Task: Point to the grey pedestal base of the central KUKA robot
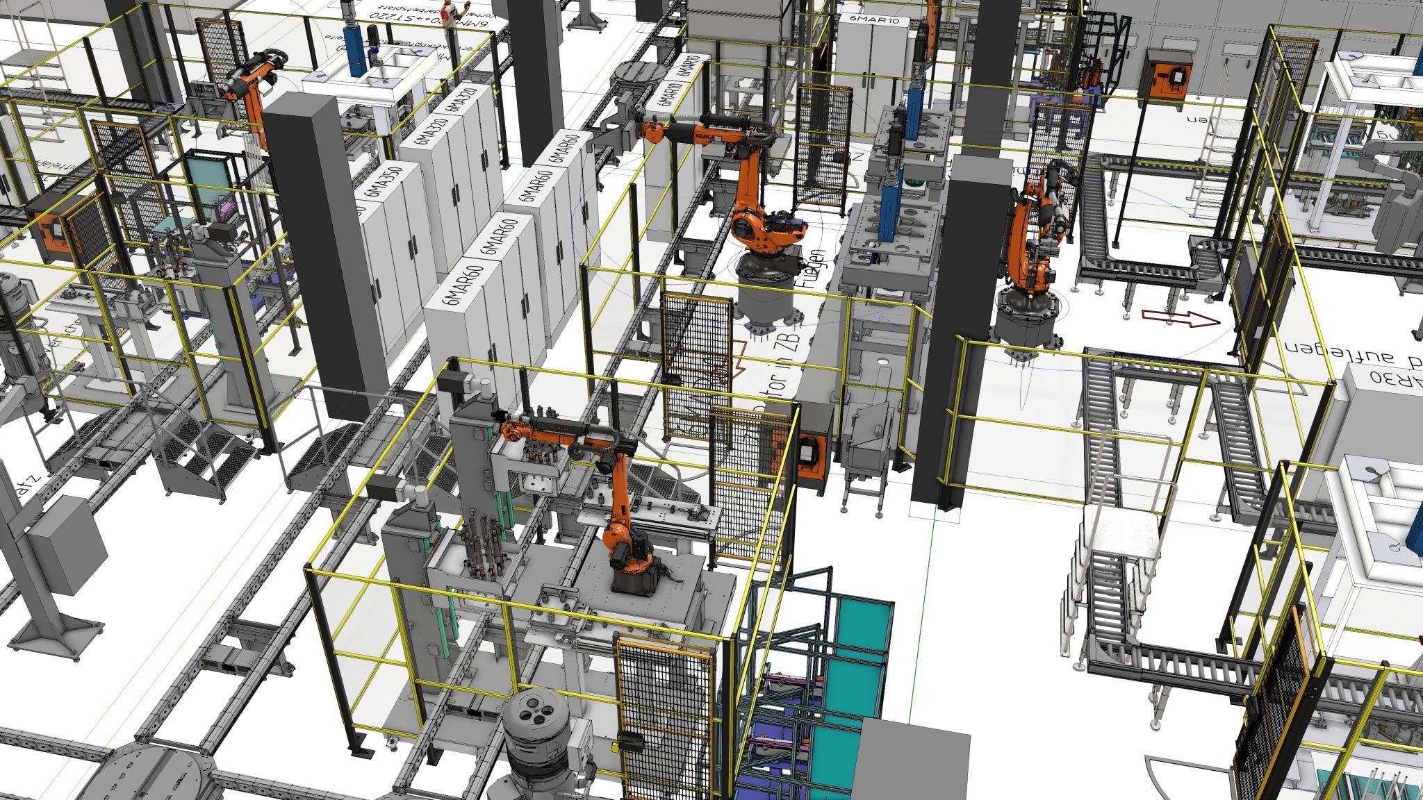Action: point(764,292)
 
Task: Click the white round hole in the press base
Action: point(883,361)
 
